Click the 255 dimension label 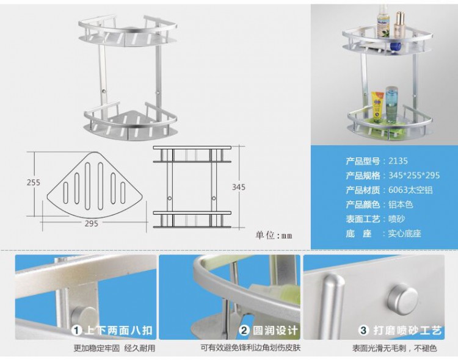click(34, 182)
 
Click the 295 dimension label click(92, 224)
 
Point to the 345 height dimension click(239, 187)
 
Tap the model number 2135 click(398, 161)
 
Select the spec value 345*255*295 click(414, 176)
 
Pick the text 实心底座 click(404, 234)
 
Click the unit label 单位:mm click(274, 235)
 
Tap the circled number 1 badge click(77, 331)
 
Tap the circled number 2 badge click(244, 331)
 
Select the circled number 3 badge click(364, 331)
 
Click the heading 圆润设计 click(275, 331)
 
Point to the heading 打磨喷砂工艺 click(407, 331)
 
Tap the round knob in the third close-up click(403, 298)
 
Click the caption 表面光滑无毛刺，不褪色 click(394, 348)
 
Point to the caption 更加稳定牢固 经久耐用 click(115, 348)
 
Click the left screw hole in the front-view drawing click(169, 198)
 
